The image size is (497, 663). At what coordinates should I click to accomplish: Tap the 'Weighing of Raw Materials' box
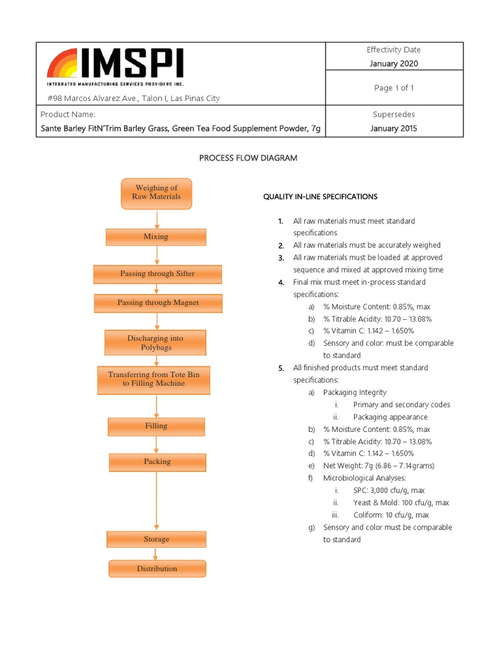pyautogui.click(x=156, y=193)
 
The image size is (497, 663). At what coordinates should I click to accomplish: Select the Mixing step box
pyautogui.click(x=156, y=237)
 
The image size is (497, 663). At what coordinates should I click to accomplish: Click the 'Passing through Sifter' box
pyautogui.click(x=157, y=274)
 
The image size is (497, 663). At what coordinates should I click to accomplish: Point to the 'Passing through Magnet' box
pyautogui.click(x=158, y=302)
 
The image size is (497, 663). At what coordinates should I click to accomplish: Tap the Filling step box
pyautogui.click(x=156, y=426)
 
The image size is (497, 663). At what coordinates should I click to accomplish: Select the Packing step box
pyautogui.click(x=157, y=462)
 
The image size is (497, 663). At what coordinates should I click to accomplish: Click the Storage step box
pyautogui.click(x=157, y=539)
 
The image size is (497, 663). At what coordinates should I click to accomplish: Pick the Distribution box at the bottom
pyautogui.click(x=157, y=568)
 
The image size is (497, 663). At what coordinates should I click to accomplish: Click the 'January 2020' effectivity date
pyautogui.click(x=393, y=63)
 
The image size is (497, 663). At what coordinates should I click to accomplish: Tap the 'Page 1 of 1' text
pyautogui.click(x=393, y=88)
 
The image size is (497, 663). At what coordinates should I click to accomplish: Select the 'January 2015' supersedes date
pyautogui.click(x=393, y=128)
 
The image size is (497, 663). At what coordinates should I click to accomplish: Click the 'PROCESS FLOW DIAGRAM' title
pyautogui.click(x=248, y=159)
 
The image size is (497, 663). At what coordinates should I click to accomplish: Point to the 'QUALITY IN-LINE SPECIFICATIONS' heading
pyautogui.click(x=320, y=196)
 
